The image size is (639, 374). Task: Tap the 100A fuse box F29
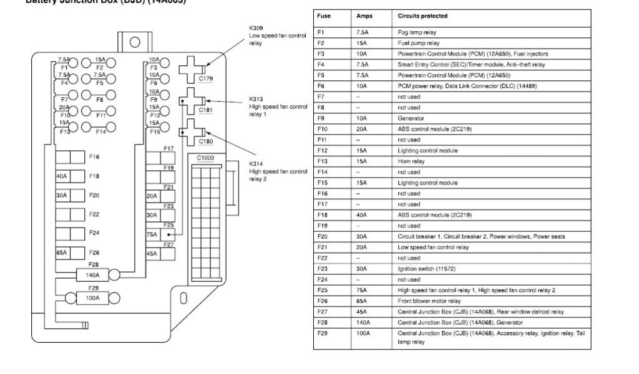(x=92, y=298)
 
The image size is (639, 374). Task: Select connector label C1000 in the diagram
(x=205, y=158)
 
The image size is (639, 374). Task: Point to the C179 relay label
(x=205, y=79)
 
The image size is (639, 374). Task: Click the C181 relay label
(x=205, y=110)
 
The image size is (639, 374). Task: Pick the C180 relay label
(x=205, y=141)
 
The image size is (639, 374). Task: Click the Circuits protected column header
(x=422, y=16)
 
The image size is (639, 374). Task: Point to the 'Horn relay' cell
(x=411, y=161)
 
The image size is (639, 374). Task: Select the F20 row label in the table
(x=322, y=236)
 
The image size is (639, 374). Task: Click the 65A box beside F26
(x=62, y=253)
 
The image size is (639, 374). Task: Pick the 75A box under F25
(x=152, y=235)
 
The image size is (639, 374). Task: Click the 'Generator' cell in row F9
(x=411, y=118)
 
